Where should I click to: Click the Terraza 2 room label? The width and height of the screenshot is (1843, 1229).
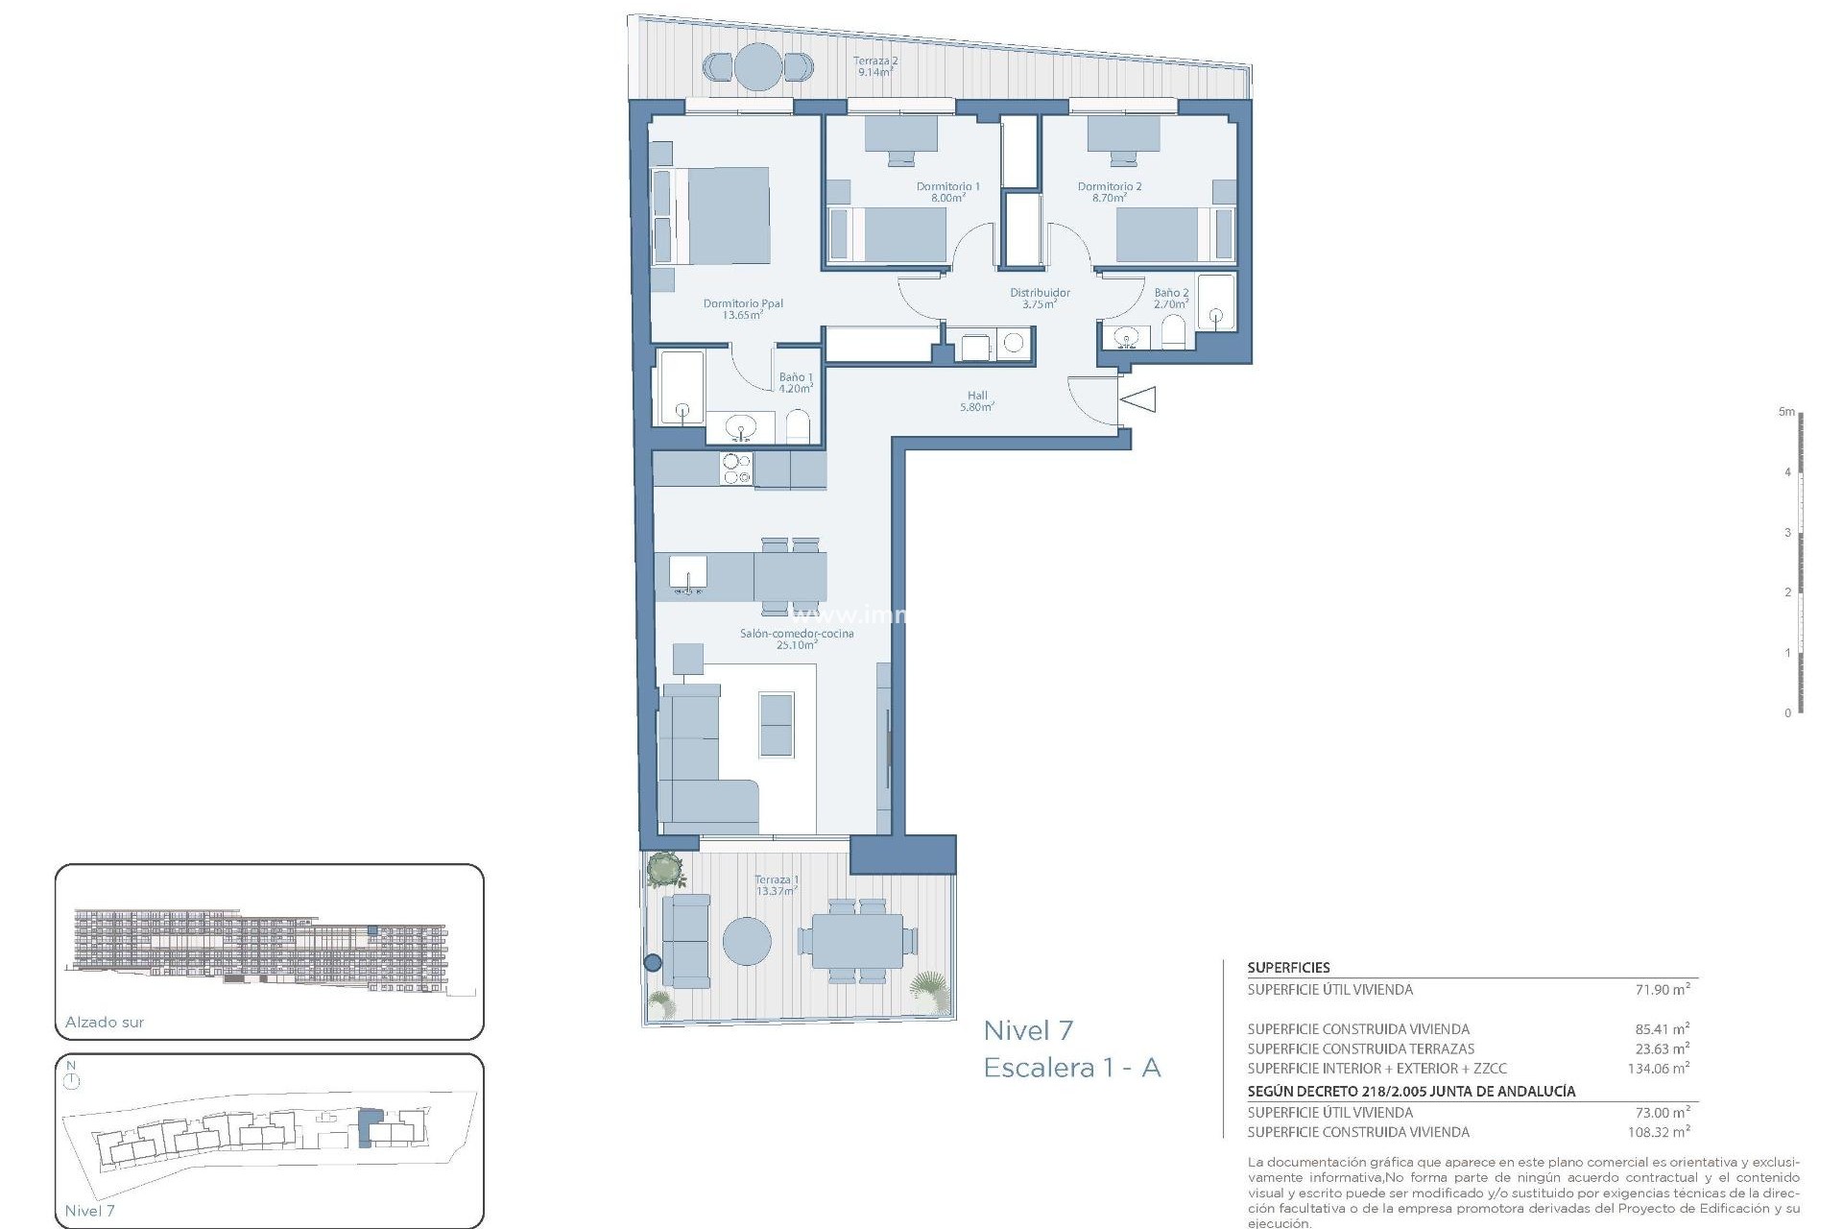coord(875,66)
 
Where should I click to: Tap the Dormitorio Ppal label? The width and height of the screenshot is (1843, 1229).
coord(743,309)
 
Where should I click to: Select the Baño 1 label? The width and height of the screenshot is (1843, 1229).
coord(796,383)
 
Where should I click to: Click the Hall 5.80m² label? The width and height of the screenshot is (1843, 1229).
coord(977,401)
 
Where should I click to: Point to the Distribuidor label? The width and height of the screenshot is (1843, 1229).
coord(1040,299)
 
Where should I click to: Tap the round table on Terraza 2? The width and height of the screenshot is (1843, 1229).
coord(758,67)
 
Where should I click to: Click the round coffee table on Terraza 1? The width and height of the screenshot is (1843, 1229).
coord(747,941)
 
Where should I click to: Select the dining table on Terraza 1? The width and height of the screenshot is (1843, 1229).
coord(857,941)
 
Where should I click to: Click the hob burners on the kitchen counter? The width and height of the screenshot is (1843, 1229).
coord(736,470)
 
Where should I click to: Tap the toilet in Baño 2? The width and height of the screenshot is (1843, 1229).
coord(1174,334)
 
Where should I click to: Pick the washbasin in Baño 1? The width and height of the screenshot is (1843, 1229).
coord(740,426)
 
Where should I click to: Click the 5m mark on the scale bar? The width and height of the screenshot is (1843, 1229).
coord(1786,412)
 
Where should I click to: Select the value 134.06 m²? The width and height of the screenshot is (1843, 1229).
coord(1659,1068)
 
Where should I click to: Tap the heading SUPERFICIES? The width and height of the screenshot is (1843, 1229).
coord(1288,968)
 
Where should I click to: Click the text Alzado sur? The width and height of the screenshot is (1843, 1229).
coord(105,1023)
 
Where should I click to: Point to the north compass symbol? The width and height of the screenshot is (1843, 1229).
coord(72,1081)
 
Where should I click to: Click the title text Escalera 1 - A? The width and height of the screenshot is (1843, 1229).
coord(1072,1068)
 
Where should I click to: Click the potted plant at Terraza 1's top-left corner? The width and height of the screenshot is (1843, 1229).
coord(663,870)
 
